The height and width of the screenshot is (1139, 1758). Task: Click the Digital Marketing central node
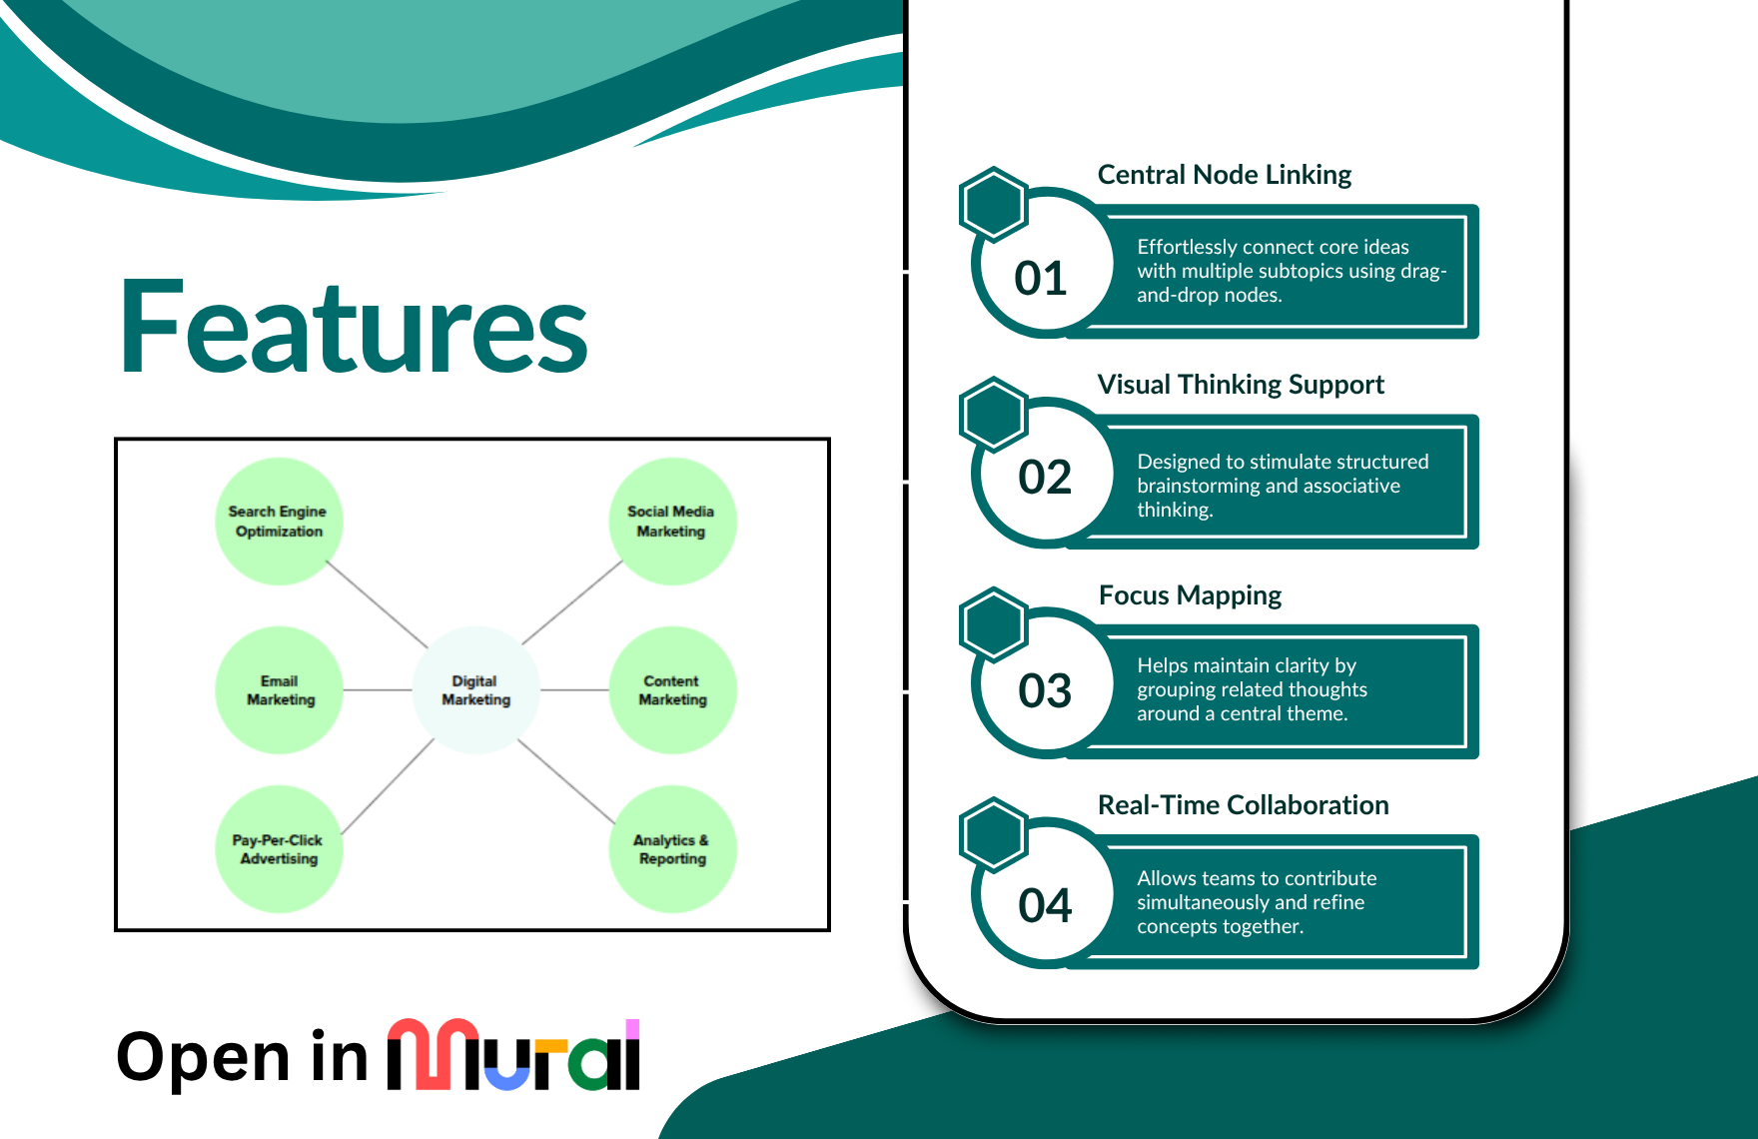pos(476,690)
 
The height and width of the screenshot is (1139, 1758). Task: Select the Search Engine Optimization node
pos(279,522)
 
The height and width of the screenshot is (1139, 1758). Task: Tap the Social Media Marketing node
pos(672,522)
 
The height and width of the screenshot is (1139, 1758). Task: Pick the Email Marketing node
pos(280,690)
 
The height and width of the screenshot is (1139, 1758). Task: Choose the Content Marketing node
pos(672,690)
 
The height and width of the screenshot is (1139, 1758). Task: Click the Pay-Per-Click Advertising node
pos(279,849)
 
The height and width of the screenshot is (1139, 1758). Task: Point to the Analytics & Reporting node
pos(672,849)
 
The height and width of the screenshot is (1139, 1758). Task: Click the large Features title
pos(354,328)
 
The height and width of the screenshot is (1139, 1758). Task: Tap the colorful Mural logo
pos(513,1055)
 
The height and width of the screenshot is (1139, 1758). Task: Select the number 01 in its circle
pos(1041,278)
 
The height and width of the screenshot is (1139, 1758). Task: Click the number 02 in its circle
pos(1045,477)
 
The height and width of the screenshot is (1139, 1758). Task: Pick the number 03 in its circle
pos(1045,690)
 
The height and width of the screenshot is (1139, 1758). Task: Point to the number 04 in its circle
pos(1045,905)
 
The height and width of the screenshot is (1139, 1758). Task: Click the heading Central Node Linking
pos(1224,175)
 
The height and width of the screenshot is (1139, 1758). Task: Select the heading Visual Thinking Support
pos(1241,385)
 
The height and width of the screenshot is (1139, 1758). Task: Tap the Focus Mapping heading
pos(1190,595)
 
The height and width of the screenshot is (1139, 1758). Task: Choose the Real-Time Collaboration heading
pos(1243,805)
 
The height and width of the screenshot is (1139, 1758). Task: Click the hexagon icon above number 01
pos(993,204)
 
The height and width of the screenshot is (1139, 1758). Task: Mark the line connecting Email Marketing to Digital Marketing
pos(378,690)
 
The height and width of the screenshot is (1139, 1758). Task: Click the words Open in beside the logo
pos(242,1057)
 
